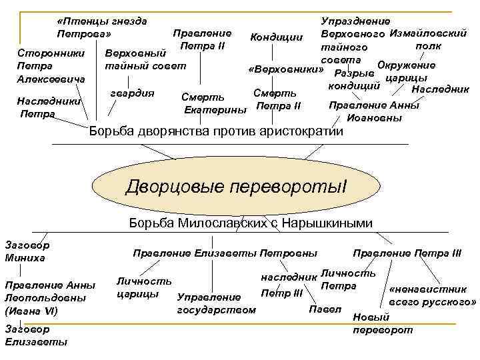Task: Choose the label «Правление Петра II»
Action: pyautogui.click(x=201, y=39)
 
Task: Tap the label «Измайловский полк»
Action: pyautogui.click(x=427, y=39)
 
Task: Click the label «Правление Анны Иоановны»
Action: pyautogui.click(x=374, y=111)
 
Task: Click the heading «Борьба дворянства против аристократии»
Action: pyautogui.click(x=216, y=131)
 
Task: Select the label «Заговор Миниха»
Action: pyautogui.click(x=27, y=251)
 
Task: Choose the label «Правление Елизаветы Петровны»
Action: pyautogui.click(x=225, y=253)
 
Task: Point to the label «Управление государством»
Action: pyautogui.click(x=216, y=303)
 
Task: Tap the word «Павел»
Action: pyautogui.click(x=325, y=309)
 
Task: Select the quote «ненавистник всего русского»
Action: pyautogui.click(x=432, y=295)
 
